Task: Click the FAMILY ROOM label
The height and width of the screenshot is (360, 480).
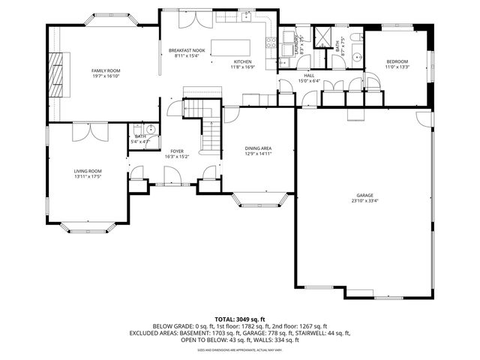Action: (106, 70)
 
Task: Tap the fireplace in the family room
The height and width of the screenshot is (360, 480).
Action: (57, 76)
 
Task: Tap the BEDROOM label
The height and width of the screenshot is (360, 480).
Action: (397, 61)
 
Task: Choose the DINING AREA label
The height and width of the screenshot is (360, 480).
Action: (258, 148)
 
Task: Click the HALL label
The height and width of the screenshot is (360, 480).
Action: (308, 76)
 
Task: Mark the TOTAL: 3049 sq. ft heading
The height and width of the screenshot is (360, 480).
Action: (240, 319)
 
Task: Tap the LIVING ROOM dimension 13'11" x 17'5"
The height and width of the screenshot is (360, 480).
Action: (87, 177)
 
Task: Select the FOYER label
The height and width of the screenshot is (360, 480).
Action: (177, 151)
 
